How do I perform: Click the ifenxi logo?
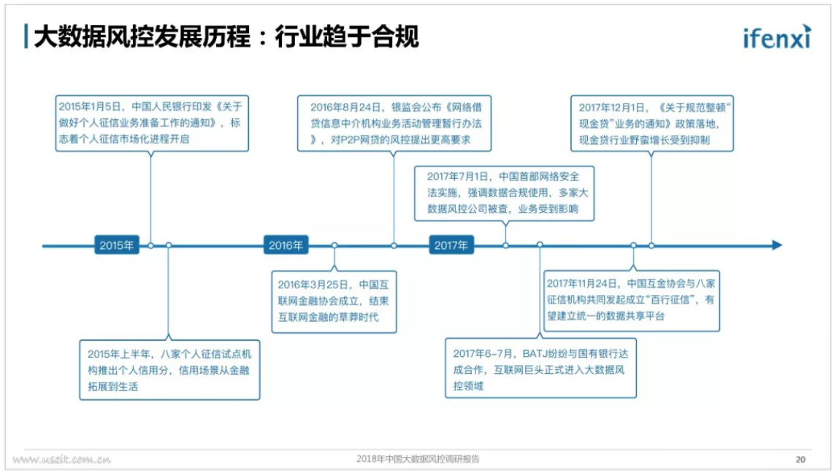coord(777,36)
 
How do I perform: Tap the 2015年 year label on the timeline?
coord(117,245)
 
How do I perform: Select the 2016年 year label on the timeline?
coord(286,245)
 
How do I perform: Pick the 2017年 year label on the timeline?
coord(451,245)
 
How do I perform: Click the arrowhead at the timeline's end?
coord(777,245)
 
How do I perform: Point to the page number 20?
coord(800,459)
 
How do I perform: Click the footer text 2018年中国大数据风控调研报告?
coord(418,458)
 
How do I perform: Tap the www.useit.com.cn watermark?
coord(61,459)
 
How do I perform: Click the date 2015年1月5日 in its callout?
coord(91,107)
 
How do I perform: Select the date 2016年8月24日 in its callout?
coord(345,107)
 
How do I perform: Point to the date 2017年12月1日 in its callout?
coord(611,107)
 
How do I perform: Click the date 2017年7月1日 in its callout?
coord(457,177)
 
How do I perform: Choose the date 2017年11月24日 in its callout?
coord(581,284)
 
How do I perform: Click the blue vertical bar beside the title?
coord(26,36)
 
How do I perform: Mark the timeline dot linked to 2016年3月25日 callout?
coord(334,245)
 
